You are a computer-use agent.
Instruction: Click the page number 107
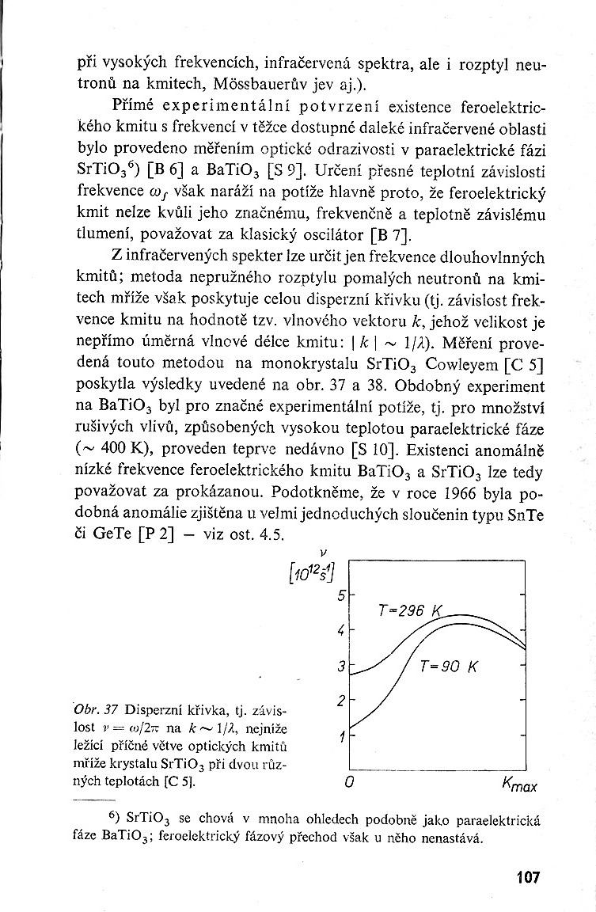pos(526,876)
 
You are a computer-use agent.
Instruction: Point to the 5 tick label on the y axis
pos(341,595)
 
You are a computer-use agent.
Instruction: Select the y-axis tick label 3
pos(341,667)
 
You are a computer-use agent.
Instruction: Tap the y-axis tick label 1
pos(341,737)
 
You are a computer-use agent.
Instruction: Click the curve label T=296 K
pos(412,610)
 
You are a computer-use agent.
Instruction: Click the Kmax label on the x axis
pos(519,785)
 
